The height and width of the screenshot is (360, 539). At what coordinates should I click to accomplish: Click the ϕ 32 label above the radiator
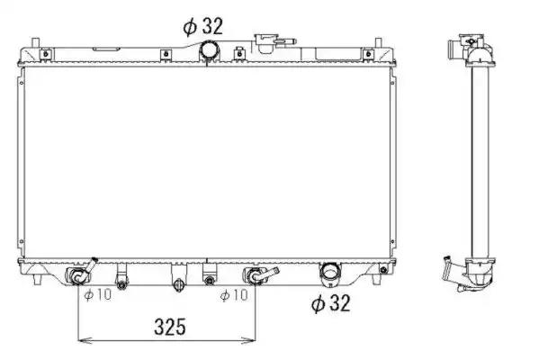pos(202,26)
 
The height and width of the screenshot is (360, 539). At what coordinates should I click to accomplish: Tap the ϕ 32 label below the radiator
pos(330,303)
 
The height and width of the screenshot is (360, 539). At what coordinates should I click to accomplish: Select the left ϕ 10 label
pos(98,294)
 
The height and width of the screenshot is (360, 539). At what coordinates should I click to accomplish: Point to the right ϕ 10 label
pos(234,294)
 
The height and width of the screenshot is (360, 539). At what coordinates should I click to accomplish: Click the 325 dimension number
pos(170,327)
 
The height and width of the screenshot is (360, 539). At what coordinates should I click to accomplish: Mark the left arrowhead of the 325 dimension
pos(83,340)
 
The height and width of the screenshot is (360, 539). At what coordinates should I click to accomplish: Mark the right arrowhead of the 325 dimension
pos(249,340)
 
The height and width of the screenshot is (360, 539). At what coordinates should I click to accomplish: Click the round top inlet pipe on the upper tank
pos(210,49)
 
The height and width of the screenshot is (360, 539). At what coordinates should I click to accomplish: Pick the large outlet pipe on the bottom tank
pos(330,274)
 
